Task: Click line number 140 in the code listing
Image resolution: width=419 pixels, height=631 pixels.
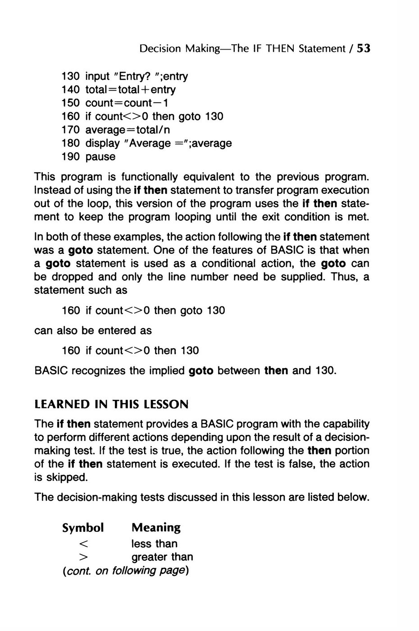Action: [71, 90]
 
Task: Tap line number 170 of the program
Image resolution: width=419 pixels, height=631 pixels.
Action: [71, 130]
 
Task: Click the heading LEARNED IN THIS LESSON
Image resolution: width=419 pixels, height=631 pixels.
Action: [111, 404]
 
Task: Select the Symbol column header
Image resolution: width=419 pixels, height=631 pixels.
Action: [83, 527]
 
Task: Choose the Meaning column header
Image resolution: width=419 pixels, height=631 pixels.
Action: [156, 527]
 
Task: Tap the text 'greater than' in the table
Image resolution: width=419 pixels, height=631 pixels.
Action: [162, 557]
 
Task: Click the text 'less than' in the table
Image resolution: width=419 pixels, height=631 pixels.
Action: [155, 544]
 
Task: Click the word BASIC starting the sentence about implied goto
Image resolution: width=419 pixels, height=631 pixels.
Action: [51, 371]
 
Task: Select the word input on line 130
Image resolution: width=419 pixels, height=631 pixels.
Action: [98, 76]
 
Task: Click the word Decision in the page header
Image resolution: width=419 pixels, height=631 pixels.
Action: [160, 49]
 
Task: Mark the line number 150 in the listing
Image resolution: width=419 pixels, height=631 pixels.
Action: [71, 103]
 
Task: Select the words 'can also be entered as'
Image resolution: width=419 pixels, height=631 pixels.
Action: [93, 331]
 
